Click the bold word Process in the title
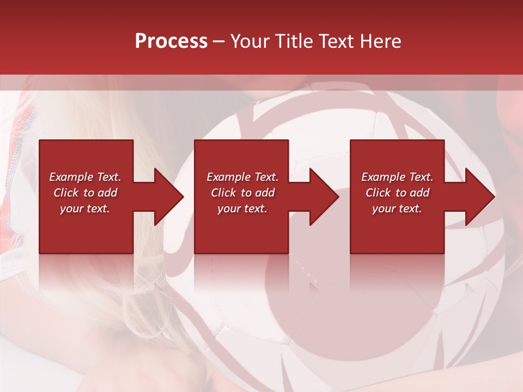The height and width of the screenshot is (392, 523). [171, 41]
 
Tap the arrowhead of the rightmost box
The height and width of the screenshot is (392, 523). [479, 197]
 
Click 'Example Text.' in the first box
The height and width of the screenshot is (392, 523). [85, 177]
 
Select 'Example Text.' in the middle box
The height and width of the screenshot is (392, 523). [242, 177]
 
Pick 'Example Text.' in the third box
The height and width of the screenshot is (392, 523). [397, 177]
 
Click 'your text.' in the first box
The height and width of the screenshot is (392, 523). [85, 209]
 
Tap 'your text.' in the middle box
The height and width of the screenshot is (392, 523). [242, 209]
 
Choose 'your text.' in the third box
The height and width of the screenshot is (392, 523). [397, 209]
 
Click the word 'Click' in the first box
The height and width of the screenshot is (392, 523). [66, 193]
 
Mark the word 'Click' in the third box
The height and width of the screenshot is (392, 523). [378, 193]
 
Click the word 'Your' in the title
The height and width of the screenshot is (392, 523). [248, 41]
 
